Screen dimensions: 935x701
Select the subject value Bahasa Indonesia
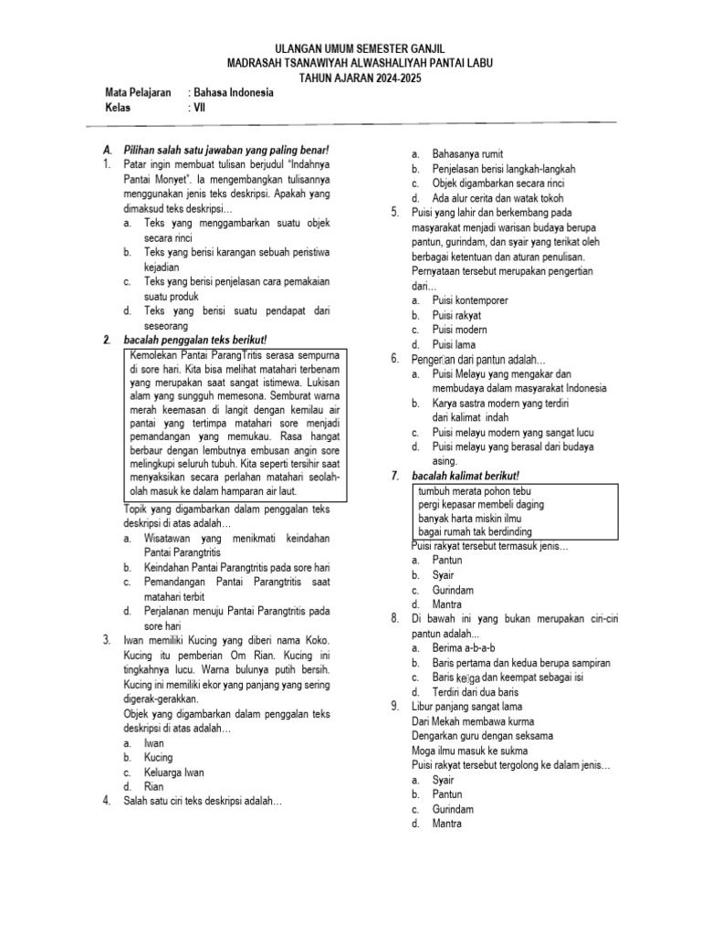[x=233, y=93]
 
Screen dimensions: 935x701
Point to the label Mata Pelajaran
[x=139, y=93]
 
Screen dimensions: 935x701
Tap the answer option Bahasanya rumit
[x=467, y=154]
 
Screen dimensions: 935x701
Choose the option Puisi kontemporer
[x=470, y=300]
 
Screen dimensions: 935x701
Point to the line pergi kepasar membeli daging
[x=481, y=504]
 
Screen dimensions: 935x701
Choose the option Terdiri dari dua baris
[x=478, y=691]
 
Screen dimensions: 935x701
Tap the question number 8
[x=395, y=619]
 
